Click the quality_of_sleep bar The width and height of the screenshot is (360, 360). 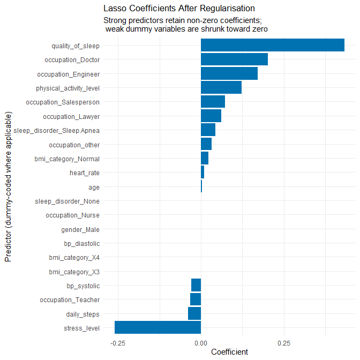click(x=272, y=45)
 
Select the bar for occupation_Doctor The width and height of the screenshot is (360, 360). click(x=234, y=59)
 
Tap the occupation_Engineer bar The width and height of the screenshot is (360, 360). click(x=229, y=73)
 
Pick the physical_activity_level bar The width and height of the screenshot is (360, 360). click(x=221, y=88)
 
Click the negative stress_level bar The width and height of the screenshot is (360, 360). click(x=158, y=328)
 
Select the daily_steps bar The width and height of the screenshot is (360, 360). click(x=194, y=313)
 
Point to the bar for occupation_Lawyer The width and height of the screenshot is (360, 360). click(x=211, y=116)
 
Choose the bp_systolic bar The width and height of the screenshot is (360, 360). click(x=196, y=286)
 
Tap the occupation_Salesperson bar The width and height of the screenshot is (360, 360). click(x=213, y=102)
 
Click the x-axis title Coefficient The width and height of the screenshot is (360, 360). click(x=230, y=352)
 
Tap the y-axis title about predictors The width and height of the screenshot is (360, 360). click(x=8, y=186)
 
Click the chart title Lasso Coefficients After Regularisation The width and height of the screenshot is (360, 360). click(x=179, y=9)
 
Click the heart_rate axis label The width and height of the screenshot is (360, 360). click(x=85, y=173)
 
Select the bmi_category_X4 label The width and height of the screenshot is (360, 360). click(x=74, y=258)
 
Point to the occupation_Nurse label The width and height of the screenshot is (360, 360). click(x=72, y=215)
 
